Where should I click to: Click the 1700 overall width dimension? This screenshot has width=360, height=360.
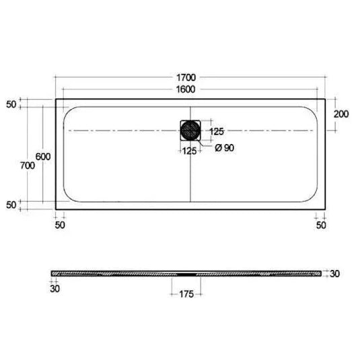tap(186, 77)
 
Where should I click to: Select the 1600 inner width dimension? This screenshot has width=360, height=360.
tap(186, 89)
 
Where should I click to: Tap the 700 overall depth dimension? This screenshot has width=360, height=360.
tap(28, 166)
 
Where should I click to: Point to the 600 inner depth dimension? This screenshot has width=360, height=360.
tap(43, 157)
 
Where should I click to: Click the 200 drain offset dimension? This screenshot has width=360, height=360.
tap(341, 114)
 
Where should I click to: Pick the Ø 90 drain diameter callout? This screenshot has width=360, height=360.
tap(225, 147)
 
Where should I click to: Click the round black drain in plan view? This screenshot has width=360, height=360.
tap(190, 131)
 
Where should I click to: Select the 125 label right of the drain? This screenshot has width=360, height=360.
tap(217, 132)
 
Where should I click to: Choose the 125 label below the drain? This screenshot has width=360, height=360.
tap(189, 151)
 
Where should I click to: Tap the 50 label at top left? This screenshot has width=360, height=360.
tap(11, 104)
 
